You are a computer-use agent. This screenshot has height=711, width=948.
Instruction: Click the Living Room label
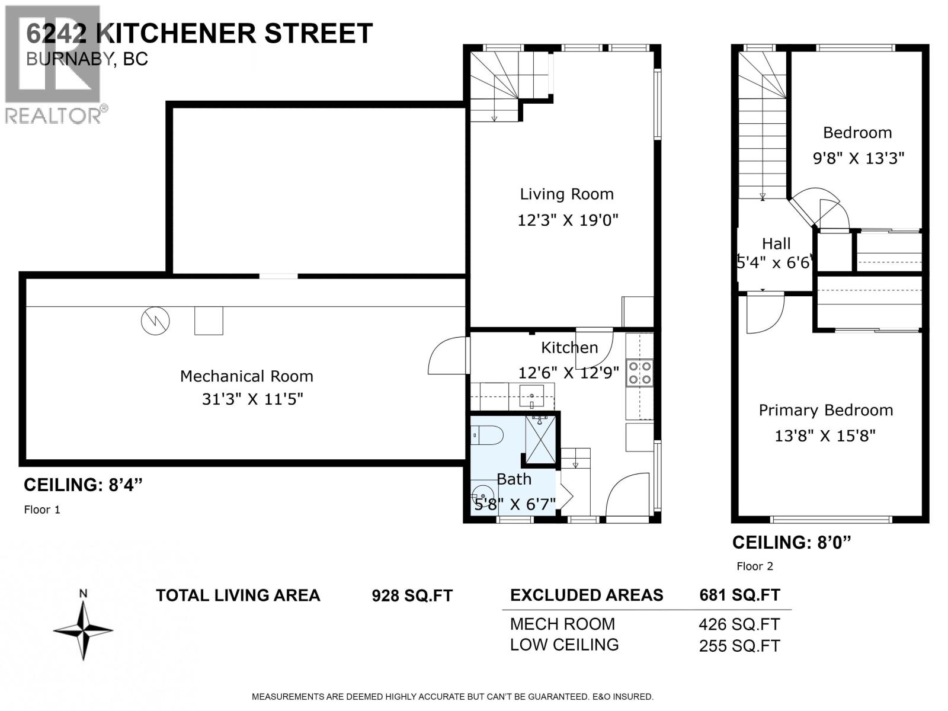point(566,194)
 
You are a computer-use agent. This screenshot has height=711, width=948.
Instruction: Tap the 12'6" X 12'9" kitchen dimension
point(568,373)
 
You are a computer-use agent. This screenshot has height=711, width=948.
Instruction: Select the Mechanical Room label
point(246,376)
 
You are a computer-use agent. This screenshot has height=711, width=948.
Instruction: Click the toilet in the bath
point(488,436)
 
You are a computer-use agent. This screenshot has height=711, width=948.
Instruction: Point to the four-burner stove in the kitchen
point(640,373)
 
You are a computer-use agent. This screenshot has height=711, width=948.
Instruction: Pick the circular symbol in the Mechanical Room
point(155,321)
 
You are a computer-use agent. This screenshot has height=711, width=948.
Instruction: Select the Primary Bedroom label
point(825,410)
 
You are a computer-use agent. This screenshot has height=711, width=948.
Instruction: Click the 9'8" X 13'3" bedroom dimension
point(858,158)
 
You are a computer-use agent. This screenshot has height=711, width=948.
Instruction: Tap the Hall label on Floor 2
point(776,244)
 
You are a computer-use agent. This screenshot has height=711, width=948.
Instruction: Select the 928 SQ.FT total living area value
point(412,595)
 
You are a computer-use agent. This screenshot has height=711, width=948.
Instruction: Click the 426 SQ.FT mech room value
point(739,624)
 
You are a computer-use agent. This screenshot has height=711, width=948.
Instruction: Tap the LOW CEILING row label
point(564,645)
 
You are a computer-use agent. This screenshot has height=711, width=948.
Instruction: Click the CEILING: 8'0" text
point(792,542)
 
